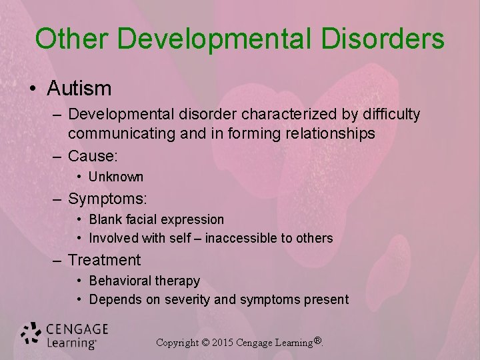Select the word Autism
(x=79, y=88)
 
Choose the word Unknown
(x=116, y=177)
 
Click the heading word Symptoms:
(x=107, y=199)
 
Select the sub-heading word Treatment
(x=105, y=260)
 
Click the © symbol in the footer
(x=205, y=343)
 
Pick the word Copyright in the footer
(x=177, y=343)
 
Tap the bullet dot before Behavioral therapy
(x=79, y=281)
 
